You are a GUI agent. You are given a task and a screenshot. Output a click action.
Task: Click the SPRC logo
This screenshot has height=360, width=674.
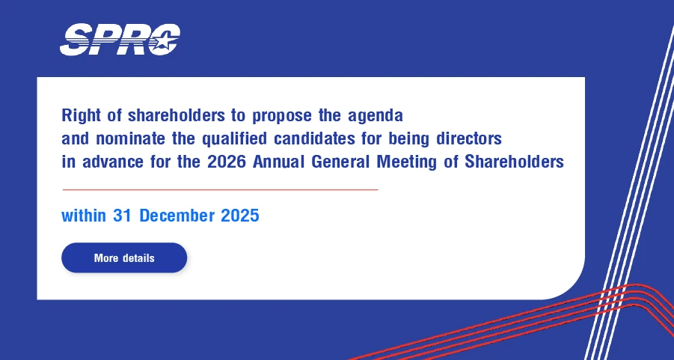click(120, 40)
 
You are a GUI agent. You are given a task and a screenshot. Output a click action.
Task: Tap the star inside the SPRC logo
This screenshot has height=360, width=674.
click(165, 42)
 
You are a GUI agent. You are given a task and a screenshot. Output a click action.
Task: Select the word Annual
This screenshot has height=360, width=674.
click(279, 162)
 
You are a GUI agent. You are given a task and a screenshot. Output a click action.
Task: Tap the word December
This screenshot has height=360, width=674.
click(177, 216)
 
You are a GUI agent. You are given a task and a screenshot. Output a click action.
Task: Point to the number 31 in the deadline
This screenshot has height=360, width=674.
click(122, 216)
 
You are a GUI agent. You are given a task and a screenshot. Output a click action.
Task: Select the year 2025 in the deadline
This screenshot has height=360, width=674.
click(240, 216)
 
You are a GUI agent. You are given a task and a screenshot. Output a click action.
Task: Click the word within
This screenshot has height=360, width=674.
click(84, 216)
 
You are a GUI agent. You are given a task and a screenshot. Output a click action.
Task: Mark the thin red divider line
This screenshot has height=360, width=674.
click(220, 189)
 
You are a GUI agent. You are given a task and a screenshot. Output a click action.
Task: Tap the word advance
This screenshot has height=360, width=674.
click(113, 162)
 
